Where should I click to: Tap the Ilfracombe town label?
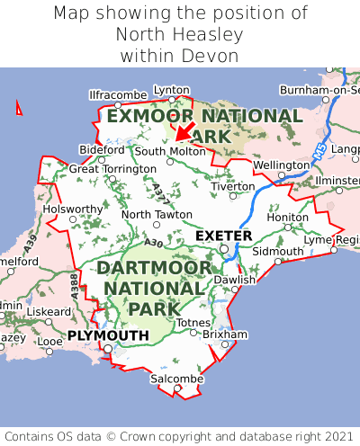pyautogui.click(x=118, y=94)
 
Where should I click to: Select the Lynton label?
pyautogui.click(x=172, y=90)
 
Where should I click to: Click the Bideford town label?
pyautogui.click(x=102, y=149)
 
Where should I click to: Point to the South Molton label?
pyautogui.click(x=170, y=151)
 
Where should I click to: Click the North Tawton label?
pyautogui.click(x=157, y=215)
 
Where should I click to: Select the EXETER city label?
pyautogui.click(x=224, y=236)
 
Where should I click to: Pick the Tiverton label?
pyautogui.click(x=234, y=186)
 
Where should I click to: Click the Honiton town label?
pyautogui.click(x=288, y=217)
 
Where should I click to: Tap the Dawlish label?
pyautogui.click(x=235, y=280)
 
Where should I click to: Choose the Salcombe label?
pyautogui.click(x=177, y=379)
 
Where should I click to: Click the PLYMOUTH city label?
pyautogui.click(x=108, y=335)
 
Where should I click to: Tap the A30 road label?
pyautogui.click(x=153, y=243)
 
